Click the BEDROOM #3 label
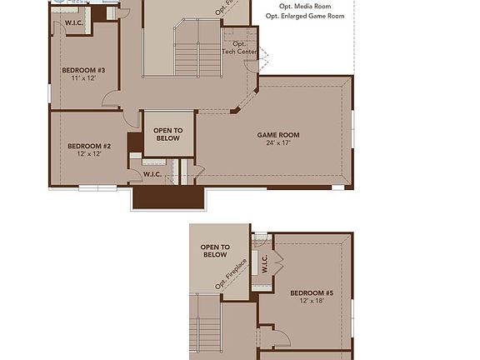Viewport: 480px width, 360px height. pos(83,70)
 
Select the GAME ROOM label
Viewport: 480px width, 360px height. pos(277,135)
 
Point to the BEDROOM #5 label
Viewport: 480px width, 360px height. pos(312,293)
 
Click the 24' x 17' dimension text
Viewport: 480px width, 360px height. pos(277,142)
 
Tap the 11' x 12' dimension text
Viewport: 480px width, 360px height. pos(83,77)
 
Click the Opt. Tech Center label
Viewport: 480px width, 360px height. pos(239,47)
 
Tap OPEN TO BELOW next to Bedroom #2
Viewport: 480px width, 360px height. pos(167,134)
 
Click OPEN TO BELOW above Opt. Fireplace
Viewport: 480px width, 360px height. pos(214,251)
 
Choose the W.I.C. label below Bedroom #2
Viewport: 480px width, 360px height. pos(152,174)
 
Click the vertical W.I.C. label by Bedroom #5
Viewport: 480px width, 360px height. pos(264,264)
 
